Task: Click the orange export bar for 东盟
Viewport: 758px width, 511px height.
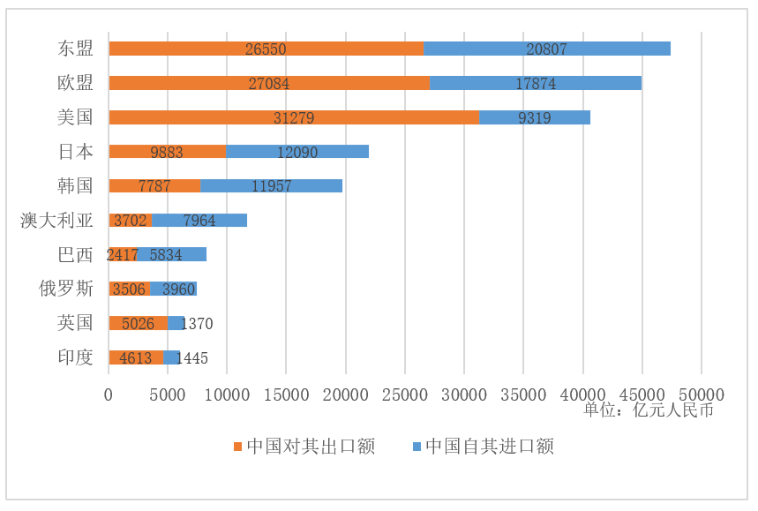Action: click(266, 49)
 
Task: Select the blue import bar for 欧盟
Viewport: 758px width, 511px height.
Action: click(536, 83)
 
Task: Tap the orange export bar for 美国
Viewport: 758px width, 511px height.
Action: click(294, 117)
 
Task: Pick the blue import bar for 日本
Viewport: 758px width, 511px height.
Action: click(297, 152)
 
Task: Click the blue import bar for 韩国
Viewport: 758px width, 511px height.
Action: click(272, 186)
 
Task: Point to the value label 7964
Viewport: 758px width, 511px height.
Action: click(199, 221)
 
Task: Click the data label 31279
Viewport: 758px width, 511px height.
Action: click(294, 117)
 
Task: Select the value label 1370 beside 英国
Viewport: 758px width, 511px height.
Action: click(197, 324)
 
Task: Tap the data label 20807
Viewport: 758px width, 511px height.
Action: click(547, 49)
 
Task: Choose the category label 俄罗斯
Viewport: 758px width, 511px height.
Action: click(66, 289)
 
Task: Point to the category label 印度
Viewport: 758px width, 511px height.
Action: click(75, 357)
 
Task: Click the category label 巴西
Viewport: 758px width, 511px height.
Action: click(75, 255)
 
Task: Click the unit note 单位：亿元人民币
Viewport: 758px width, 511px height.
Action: click(648, 410)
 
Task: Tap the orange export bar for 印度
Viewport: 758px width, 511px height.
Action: click(136, 357)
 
